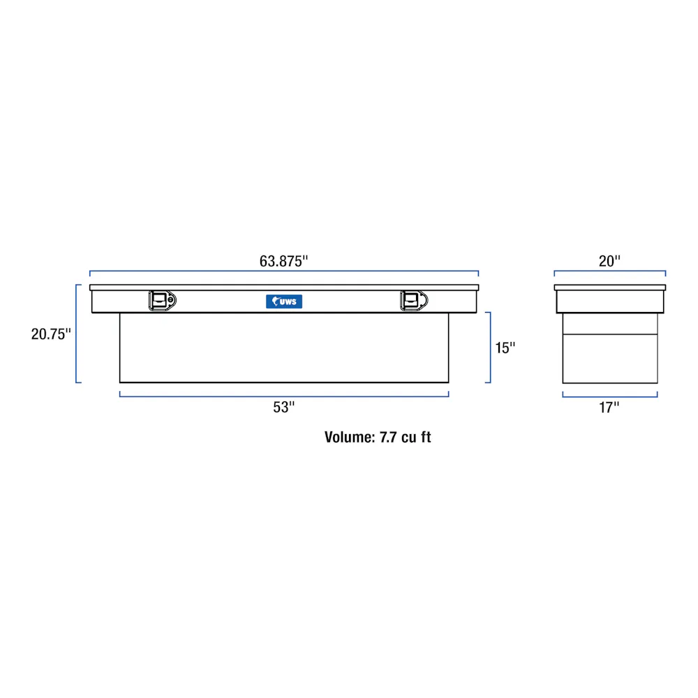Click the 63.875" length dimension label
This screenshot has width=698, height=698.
283,261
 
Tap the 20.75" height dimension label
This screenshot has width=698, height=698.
51,334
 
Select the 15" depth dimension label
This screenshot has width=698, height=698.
505,348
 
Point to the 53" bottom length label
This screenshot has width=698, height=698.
283,408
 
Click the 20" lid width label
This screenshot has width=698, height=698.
609,261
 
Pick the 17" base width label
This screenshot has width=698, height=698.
609,408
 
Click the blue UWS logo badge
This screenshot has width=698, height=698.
284,302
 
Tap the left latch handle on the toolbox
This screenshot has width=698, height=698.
163,300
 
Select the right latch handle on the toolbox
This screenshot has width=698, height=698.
414,300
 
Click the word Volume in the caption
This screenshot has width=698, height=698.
350,437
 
